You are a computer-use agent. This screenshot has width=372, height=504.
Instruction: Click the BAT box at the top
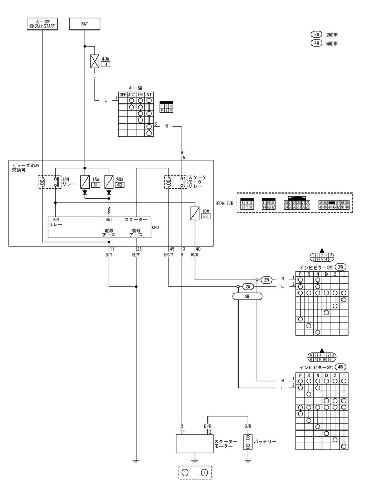(x=84, y=24)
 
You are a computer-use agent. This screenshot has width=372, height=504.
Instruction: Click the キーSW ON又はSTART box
(x=42, y=24)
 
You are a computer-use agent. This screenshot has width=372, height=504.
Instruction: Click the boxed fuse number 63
(x=205, y=217)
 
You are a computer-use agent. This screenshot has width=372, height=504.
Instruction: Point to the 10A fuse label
(x=205, y=211)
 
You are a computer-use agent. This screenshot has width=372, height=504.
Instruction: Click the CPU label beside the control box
(x=155, y=227)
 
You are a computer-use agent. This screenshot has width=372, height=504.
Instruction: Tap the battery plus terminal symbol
(x=248, y=438)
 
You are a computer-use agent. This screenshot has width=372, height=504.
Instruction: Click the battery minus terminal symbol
(x=248, y=447)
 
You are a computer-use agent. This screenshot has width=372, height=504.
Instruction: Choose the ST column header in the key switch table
(x=149, y=95)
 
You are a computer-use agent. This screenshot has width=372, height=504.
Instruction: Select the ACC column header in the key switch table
(x=131, y=95)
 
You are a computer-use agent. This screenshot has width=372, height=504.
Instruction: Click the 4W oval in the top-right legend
(x=316, y=44)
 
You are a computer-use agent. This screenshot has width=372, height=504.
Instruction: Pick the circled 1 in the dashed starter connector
(x=185, y=472)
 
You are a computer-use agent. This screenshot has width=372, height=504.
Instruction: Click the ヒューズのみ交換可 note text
(x=26, y=167)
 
